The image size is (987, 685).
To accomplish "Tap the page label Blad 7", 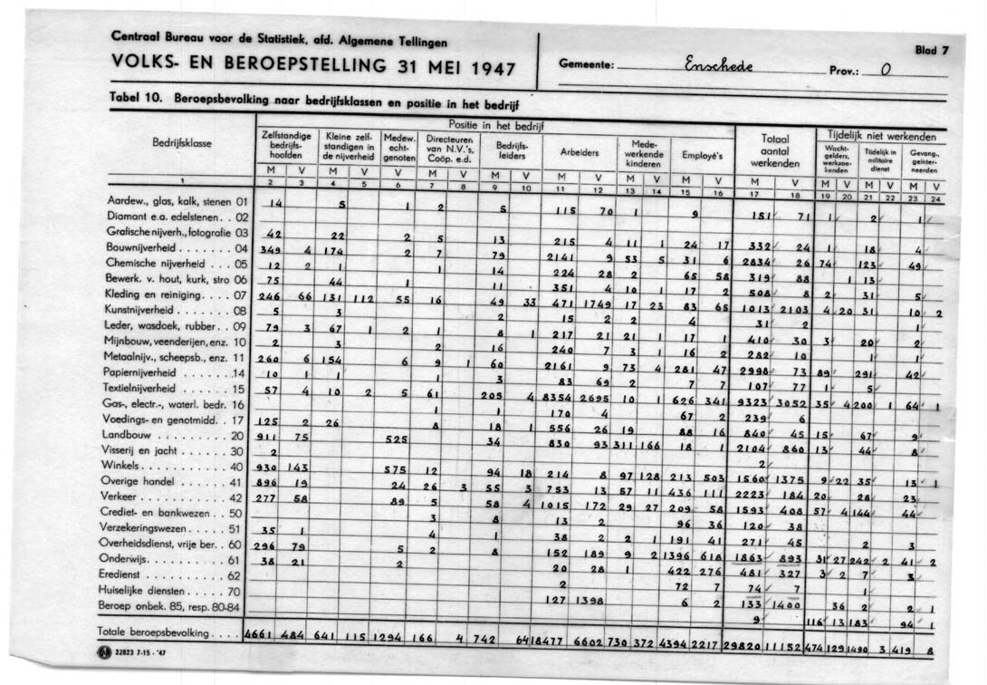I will pyautogui.click(x=931, y=51).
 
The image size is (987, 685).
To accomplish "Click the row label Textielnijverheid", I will pyautogui.click(x=159, y=387).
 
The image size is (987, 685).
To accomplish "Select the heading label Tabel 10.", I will pyautogui.click(x=136, y=96).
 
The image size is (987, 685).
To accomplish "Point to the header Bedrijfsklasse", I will pyautogui.click(x=183, y=143).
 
